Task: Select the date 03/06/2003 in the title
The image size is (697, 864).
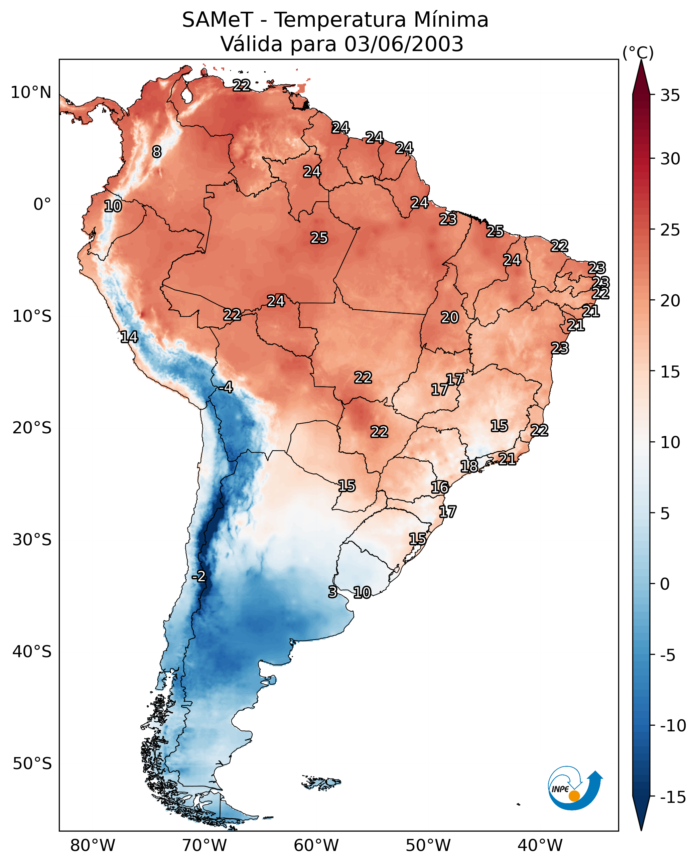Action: coord(404,44)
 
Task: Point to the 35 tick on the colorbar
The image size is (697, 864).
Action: coord(670,96)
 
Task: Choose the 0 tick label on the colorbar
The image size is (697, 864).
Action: coord(665,584)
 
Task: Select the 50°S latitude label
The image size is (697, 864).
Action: coord(32,763)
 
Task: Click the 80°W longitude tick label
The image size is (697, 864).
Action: coord(93,845)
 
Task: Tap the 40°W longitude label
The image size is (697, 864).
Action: coord(540,845)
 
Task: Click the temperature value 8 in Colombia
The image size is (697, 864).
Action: coord(157,152)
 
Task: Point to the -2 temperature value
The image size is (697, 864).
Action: coord(199,577)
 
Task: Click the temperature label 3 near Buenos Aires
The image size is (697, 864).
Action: coord(332,592)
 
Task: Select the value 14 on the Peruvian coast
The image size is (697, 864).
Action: coord(129,337)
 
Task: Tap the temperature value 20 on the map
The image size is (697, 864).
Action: coord(450,318)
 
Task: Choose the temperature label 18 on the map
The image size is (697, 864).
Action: coord(469,466)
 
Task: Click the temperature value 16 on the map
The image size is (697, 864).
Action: coord(440,487)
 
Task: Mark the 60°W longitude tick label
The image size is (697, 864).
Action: coord(316,845)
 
